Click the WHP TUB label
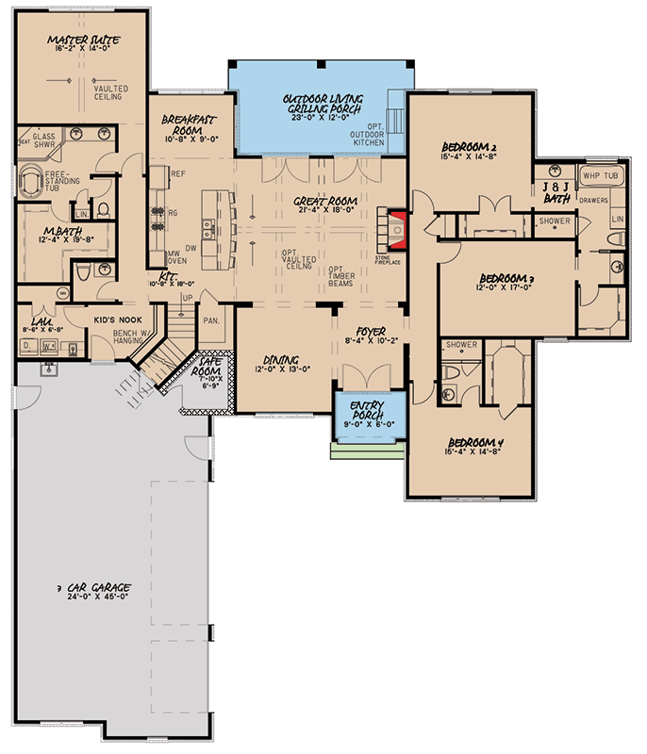tap(601, 175)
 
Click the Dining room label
tap(282, 360)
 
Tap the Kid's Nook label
tap(117, 320)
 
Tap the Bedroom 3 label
tap(506, 279)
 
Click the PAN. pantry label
tap(211, 320)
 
